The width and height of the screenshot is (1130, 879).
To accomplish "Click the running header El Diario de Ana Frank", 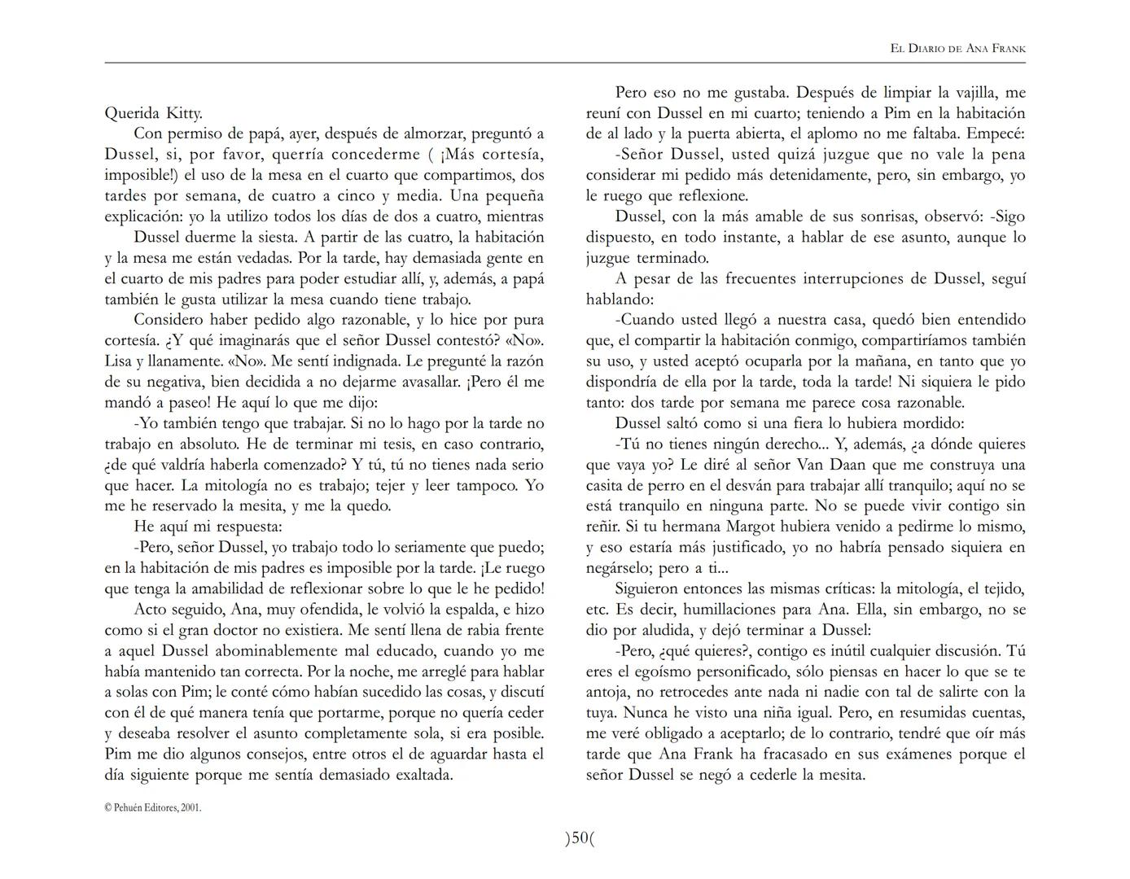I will pyautogui.click(x=957, y=49).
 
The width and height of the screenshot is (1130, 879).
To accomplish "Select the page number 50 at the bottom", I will pyautogui.click(x=579, y=837).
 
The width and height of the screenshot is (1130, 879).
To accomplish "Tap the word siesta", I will pyautogui.click(x=270, y=238).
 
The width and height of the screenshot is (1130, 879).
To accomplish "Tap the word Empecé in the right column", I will pyautogui.click(x=997, y=134).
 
